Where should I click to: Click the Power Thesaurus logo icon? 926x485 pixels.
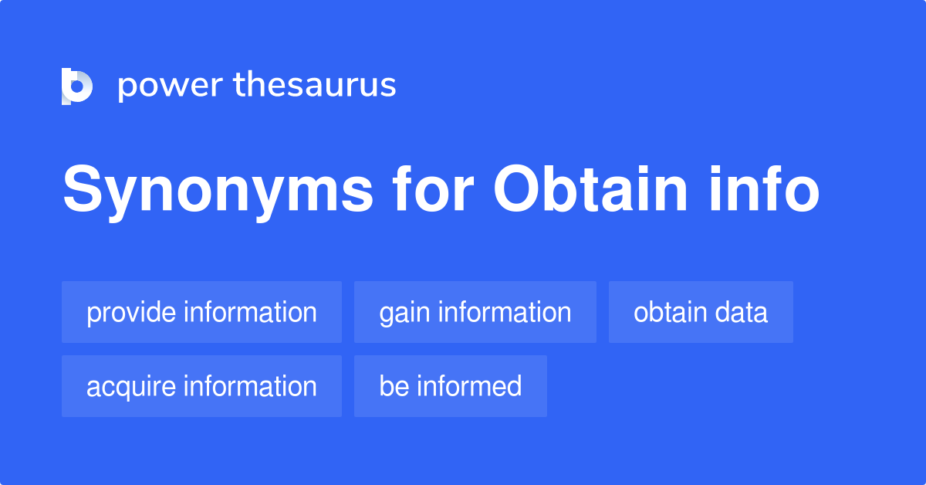tap(77, 86)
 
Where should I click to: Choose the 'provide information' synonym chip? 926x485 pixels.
tap(201, 312)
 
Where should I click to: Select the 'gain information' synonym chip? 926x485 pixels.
tap(475, 312)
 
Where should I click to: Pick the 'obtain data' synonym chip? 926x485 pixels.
tap(701, 312)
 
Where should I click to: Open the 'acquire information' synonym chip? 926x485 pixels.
tap(201, 386)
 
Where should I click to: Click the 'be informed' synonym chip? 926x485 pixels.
tap(450, 386)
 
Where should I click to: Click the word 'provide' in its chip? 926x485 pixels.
tap(131, 313)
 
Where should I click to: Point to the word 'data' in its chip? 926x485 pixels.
tap(742, 312)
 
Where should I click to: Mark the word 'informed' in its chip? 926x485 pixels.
tap(468, 386)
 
